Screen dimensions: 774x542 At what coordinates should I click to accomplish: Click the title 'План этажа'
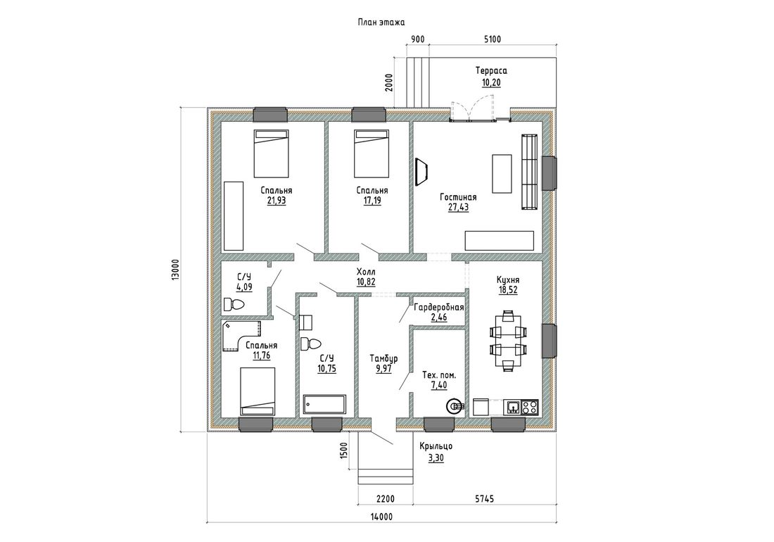click(x=381, y=23)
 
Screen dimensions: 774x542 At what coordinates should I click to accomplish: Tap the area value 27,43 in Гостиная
click(x=458, y=208)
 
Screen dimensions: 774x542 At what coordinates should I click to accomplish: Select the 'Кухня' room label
click(x=507, y=280)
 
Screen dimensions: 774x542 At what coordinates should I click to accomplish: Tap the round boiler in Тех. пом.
click(x=454, y=406)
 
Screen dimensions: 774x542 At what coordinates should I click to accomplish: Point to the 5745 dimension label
click(x=484, y=500)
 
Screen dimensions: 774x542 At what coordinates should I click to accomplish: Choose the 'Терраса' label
click(x=491, y=70)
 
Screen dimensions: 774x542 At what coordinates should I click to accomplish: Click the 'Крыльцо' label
click(x=436, y=446)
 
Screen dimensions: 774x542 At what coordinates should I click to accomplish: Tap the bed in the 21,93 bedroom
click(x=271, y=153)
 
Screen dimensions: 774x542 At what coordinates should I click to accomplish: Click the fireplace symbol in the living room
click(x=421, y=172)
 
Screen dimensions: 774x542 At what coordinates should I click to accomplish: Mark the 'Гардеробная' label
click(x=439, y=308)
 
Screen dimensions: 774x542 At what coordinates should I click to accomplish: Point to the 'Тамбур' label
click(x=383, y=358)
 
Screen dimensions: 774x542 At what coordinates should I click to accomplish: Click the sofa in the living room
click(x=529, y=172)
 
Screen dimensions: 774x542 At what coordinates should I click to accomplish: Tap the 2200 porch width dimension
click(x=386, y=500)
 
